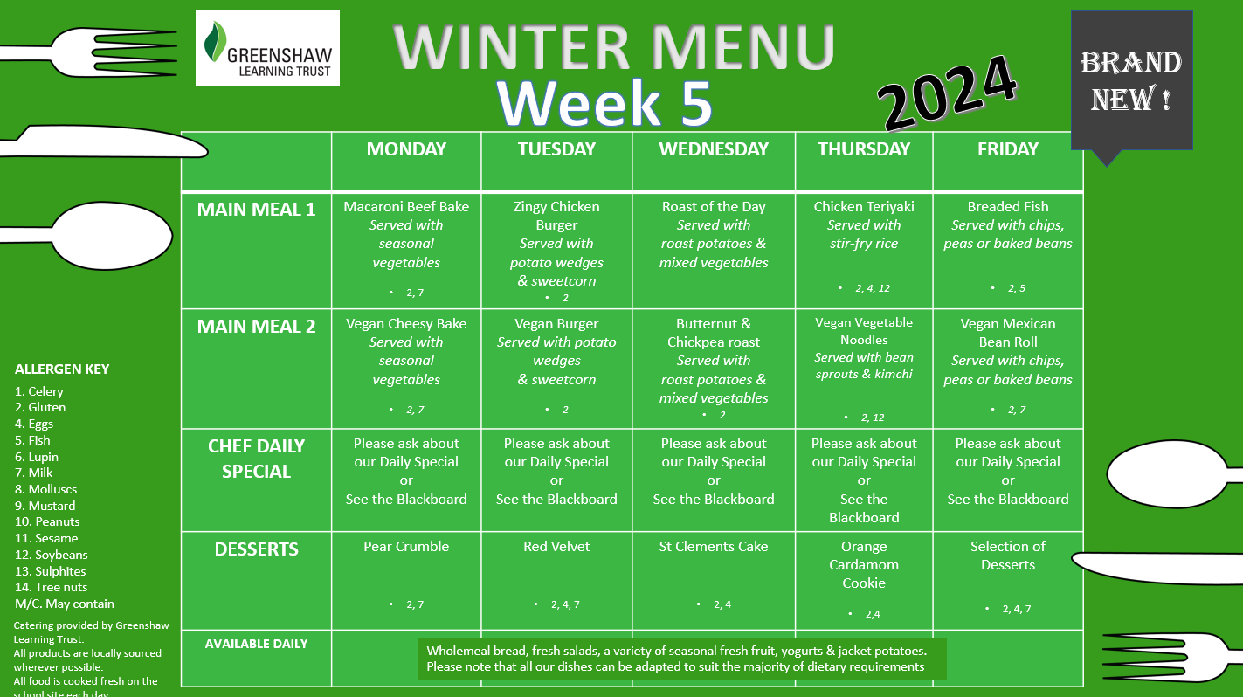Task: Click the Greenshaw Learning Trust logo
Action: click(267, 48)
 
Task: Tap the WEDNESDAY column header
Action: click(714, 148)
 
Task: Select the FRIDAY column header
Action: click(1008, 148)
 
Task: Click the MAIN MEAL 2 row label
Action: click(256, 327)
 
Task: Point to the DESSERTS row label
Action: click(256, 549)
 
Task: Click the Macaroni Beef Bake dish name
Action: click(406, 206)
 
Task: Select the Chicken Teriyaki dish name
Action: click(864, 206)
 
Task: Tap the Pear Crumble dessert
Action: click(406, 546)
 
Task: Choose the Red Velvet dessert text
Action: click(556, 546)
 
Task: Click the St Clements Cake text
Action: click(714, 546)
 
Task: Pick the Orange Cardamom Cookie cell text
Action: click(864, 564)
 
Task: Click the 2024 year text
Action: click(948, 93)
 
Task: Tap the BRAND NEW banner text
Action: click(1131, 81)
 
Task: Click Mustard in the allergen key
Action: click(45, 506)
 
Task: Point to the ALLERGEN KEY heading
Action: click(62, 369)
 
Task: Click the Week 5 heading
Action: click(604, 103)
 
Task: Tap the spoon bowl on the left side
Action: click(113, 236)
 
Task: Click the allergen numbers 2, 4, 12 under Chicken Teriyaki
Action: click(873, 288)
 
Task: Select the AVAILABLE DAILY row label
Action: click(256, 644)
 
